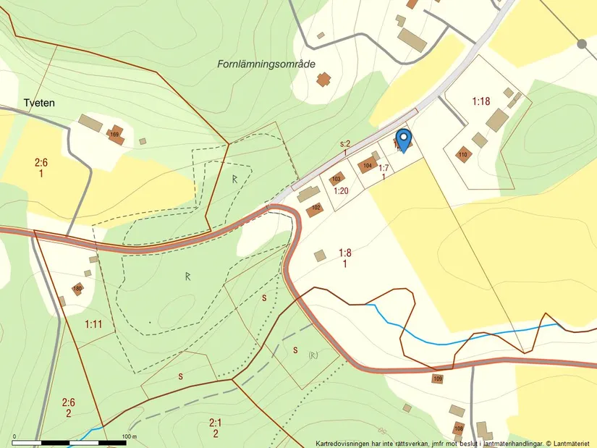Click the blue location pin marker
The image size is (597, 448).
[404, 138]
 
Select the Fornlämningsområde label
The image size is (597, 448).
[266, 64]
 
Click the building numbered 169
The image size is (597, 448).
[114, 135]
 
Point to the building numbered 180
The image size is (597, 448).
[77, 289]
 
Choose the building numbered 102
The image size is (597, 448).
[315, 209]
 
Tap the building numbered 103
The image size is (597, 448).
[336, 179]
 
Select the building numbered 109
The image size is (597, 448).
[438, 379]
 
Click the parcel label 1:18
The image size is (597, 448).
[481, 101]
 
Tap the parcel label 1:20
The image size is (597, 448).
[341, 191]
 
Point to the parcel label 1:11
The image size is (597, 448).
[93, 324]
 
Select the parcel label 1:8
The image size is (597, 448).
[345, 253]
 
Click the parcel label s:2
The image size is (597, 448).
[345, 144]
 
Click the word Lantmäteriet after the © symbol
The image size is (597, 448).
[572, 443]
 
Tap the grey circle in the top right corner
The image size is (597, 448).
[582, 44]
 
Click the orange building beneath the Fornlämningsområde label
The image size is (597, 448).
[323, 79]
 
